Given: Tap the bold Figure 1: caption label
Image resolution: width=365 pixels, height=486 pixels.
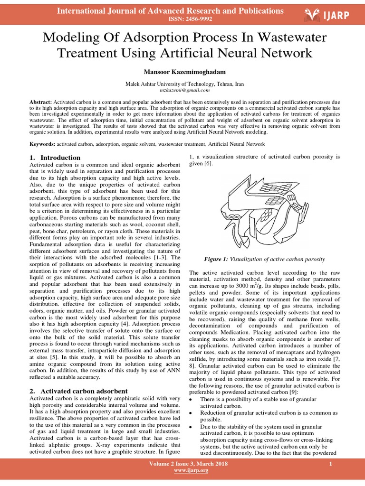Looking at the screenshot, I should (216, 259).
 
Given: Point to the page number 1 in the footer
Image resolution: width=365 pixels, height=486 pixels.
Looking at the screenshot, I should (330, 463).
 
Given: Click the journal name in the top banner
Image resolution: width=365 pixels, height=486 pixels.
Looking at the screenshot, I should (170, 11).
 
